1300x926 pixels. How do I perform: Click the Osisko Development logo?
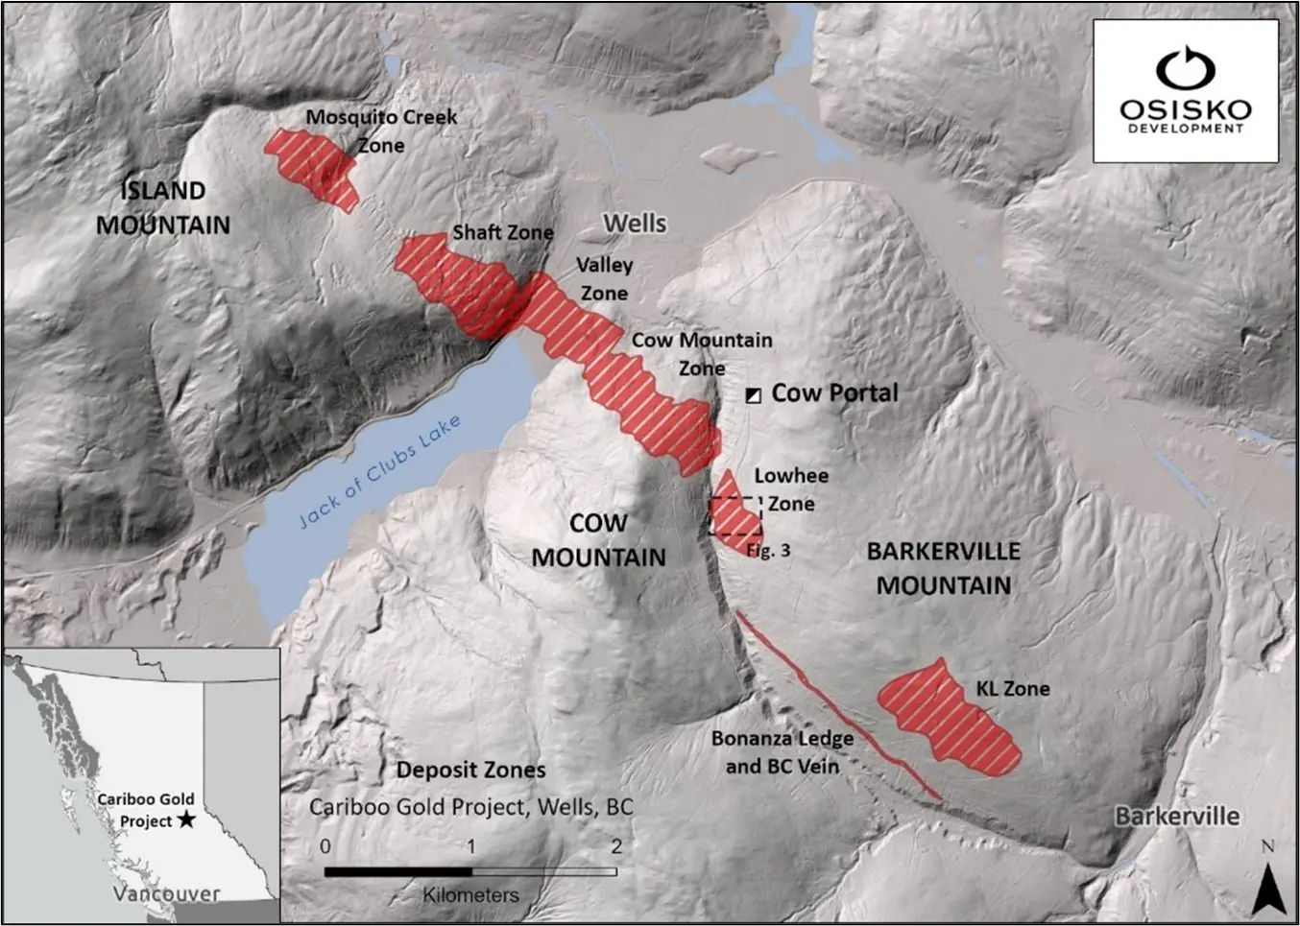[x=1185, y=91]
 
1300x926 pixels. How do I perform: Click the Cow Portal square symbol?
[x=754, y=394]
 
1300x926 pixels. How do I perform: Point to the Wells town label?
[x=635, y=223]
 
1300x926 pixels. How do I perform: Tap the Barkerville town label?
[x=1176, y=817]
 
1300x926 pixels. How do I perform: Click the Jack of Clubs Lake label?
[x=380, y=471]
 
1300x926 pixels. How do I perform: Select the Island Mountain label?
[x=163, y=207]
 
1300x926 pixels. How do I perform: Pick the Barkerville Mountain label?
[x=943, y=568]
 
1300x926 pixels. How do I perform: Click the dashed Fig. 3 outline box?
[x=735, y=516]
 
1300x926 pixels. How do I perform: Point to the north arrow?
[x=1268, y=884]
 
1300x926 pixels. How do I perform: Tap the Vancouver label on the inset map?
[x=166, y=893]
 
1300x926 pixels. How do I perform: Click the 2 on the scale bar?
[x=615, y=846]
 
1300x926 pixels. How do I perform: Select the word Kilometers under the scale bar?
[x=470, y=894]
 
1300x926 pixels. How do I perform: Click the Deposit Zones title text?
[x=470, y=770]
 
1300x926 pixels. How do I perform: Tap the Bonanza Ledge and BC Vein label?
[x=782, y=752]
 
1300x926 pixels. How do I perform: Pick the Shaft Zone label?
[x=502, y=232]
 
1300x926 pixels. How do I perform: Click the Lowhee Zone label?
[x=790, y=489]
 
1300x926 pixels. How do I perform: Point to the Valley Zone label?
[x=604, y=278]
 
